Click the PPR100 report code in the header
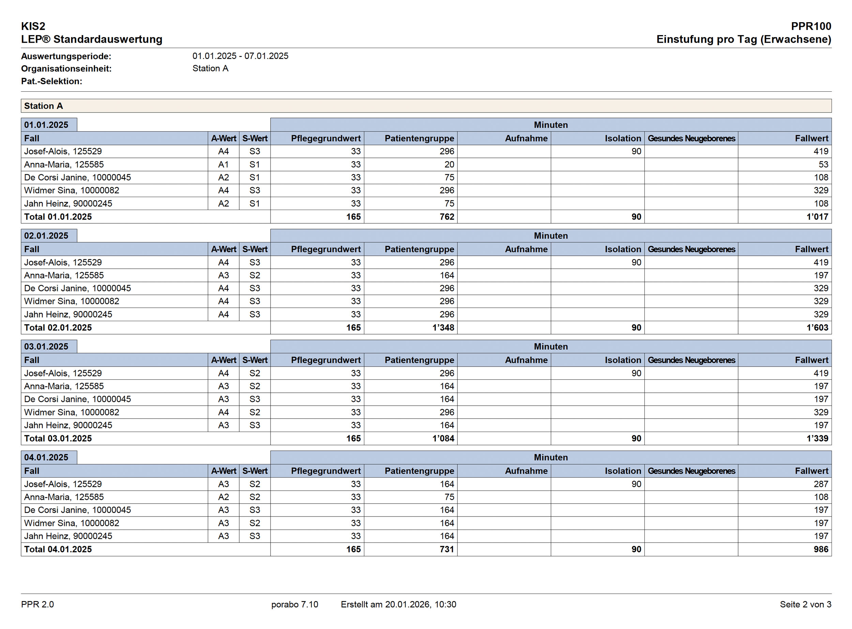pyautogui.click(x=810, y=26)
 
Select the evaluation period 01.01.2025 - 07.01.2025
pyautogui.click(x=240, y=56)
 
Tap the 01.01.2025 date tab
pyautogui.click(x=46, y=125)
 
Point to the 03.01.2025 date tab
pyautogui.click(x=46, y=346)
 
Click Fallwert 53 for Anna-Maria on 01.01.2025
pyautogui.click(x=823, y=164)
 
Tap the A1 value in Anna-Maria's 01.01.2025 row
pyautogui.click(x=223, y=164)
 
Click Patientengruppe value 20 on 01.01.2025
pyautogui.click(x=449, y=164)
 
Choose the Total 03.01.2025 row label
pyautogui.click(x=58, y=438)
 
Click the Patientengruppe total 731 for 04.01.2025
pyautogui.click(x=447, y=549)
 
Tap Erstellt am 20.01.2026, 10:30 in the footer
pyautogui.click(x=398, y=604)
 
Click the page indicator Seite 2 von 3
pyautogui.click(x=805, y=604)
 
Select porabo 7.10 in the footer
pyautogui.click(x=294, y=604)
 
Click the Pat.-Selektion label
pyautogui.click(x=52, y=81)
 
